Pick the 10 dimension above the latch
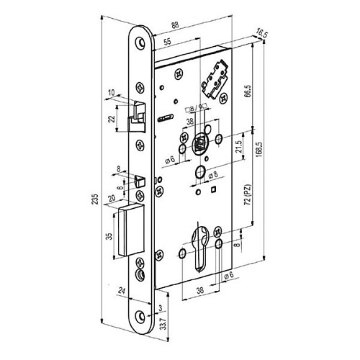pyautogui.click(x=112, y=92)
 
